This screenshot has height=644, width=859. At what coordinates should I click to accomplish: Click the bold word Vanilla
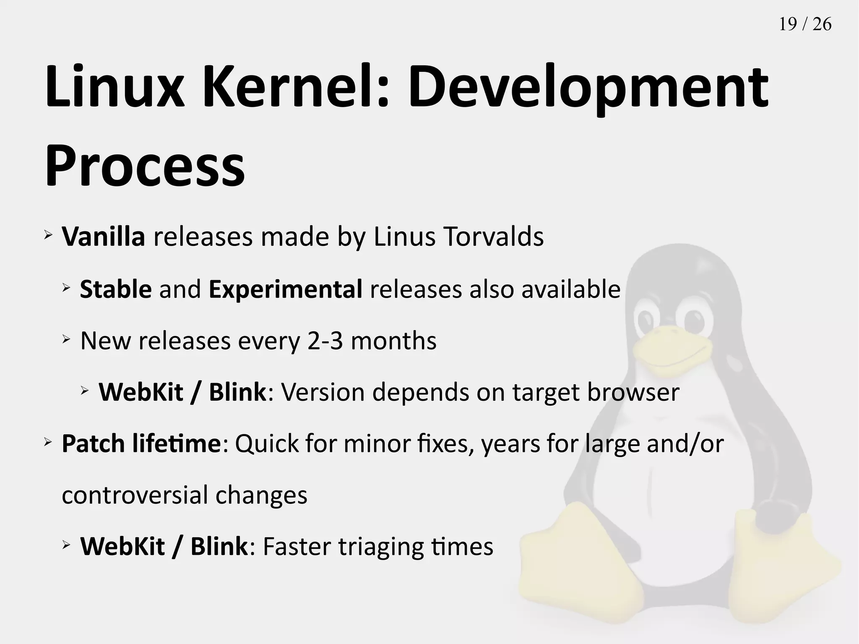(103, 237)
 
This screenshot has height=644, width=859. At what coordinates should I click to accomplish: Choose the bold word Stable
(116, 289)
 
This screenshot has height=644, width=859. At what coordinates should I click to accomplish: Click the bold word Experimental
(285, 289)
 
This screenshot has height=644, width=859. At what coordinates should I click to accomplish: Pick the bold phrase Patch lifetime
(141, 443)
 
